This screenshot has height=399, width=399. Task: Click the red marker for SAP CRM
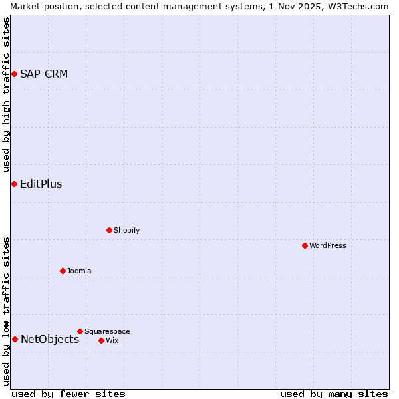point(14,74)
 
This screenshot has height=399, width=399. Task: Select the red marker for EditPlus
point(14,184)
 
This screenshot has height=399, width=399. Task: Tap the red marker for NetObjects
point(15,339)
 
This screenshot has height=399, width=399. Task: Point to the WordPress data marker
point(305,245)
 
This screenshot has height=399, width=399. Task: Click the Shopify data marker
point(109,230)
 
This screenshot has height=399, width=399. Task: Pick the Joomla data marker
point(63,271)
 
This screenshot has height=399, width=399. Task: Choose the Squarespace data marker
point(80,331)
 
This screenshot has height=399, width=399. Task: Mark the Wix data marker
point(101,340)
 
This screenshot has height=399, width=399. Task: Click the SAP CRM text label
point(44,74)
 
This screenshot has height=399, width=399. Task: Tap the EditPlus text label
point(41,184)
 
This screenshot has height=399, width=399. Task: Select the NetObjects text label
point(50,339)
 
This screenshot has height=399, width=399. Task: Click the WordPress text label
point(328,245)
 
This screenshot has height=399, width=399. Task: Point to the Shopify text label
point(126,230)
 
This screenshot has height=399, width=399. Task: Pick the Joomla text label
point(79,271)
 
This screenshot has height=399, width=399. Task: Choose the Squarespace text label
point(107,331)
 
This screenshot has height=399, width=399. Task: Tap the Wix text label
point(112,340)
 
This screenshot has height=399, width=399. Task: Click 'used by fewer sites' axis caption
point(68,394)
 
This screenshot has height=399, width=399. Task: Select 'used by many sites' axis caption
point(334,394)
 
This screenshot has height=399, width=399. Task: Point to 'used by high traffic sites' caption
point(6,94)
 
